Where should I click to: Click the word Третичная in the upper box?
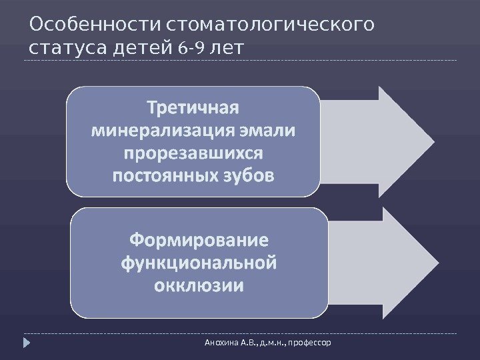pos(193,107)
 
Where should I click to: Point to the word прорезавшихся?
pos(193,153)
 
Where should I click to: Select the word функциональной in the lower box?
pos(199,263)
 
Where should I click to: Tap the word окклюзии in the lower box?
pos(199,286)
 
